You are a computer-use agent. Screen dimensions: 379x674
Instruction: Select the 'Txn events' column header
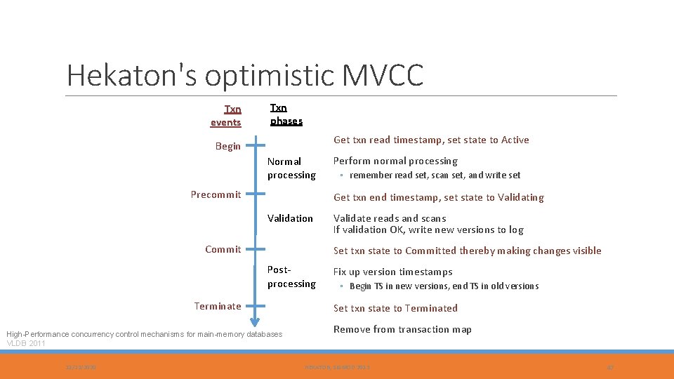pyautogui.click(x=226, y=116)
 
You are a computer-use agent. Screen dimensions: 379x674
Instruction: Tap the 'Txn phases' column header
pyautogui.click(x=286, y=114)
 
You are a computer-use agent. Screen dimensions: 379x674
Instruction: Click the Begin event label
pyautogui.click(x=227, y=147)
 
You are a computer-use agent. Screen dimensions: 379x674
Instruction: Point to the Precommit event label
pyautogui.click(x=216, y=194)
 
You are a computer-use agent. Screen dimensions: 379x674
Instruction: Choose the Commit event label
pyautogui.click(x=223, y=249)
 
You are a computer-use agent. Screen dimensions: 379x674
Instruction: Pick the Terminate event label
pyautogui.click(x=217, y=306)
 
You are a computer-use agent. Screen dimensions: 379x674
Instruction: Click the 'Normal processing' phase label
pyautogui.click(x=291, y=168)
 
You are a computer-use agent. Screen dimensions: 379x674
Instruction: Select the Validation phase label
pyautogui.click(x=290, y=218)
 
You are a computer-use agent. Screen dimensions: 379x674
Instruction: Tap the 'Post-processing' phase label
pyautogui.click(x=291, y=277)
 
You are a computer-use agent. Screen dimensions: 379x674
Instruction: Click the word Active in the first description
pyautogui.click(x=515, y=140)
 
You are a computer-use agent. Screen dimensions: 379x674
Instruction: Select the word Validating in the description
pyautogui.click(x=520, y=197)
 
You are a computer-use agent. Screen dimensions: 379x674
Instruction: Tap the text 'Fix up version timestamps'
pyautogui.click(x=392, y=272)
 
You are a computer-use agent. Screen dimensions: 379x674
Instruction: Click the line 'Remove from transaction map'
pyautogui.click(x=402, y=329)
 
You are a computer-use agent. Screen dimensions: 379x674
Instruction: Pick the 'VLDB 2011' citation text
pyautogui.click(x=25, y=344)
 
